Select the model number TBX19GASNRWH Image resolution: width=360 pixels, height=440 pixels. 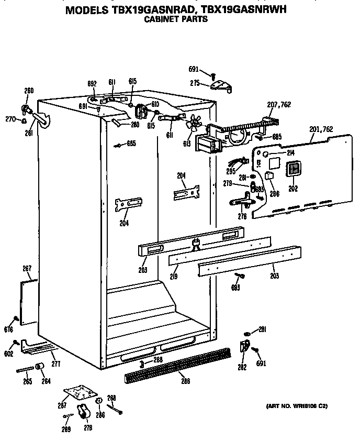pyautogui.click(x=245, y=10)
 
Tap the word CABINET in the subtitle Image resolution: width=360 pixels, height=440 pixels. pyautogui.click(x=161, y=19)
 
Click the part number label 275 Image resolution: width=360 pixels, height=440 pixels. pyautogui.click(x=195, y=83)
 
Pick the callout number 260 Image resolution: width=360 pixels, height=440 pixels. pyautogui.click(x=29, y=91)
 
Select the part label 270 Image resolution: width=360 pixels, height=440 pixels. pyautogui.click(x=10, y=119)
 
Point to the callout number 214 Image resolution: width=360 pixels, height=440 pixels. pyautogui.click(x=291, y=152)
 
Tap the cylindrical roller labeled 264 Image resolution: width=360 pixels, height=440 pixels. pyautogui.click(x=40, y=366)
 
